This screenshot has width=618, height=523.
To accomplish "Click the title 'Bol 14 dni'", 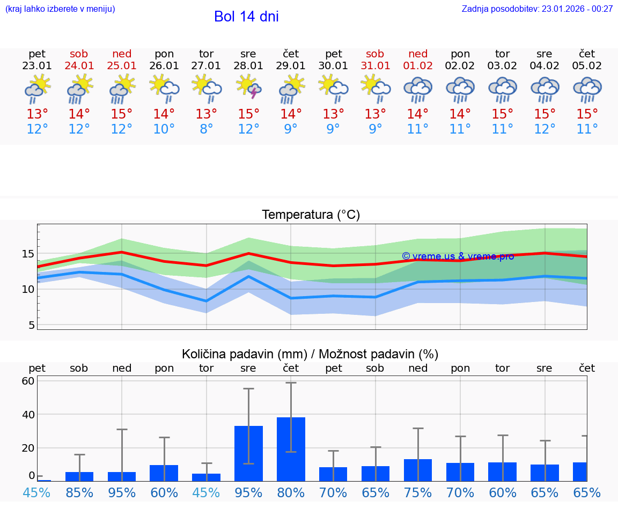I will [246, 17].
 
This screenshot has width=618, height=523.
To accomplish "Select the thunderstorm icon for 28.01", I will [248, 88].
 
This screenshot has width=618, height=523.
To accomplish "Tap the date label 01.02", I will [418, 66].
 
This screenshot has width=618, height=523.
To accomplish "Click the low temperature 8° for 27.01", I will [207, 129].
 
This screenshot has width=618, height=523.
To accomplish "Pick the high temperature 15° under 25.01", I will [122, 114].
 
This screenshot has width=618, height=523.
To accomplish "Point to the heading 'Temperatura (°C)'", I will [311, 215].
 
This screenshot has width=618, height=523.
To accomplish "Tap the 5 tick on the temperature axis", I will [32, 325].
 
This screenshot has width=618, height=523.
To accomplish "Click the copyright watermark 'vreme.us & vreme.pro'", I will [458, 256].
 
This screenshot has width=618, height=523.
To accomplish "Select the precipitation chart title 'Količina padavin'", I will [310, 354].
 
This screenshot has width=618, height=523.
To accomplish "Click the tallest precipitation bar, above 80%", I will [291, 449].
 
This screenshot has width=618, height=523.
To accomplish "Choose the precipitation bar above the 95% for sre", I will [248, 453].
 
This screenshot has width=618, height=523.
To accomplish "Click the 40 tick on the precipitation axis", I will [28, 415].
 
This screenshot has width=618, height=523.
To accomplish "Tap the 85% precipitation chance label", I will [79, 493].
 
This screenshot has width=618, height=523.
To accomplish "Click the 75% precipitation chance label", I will [418, 493].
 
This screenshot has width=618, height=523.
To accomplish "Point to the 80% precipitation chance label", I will [291, 493].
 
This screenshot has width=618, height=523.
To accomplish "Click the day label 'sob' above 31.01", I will [375, 54].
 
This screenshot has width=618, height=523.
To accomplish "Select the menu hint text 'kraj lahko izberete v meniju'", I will [60, 9].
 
